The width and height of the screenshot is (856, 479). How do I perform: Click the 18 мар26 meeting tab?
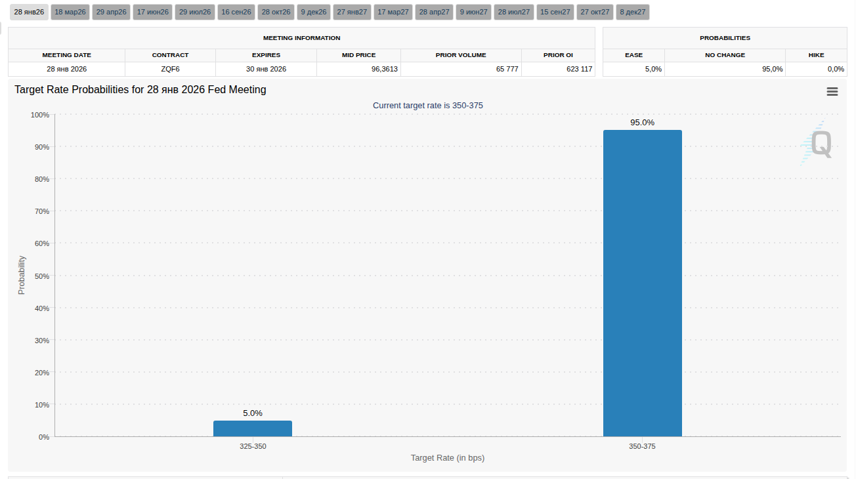click(70, 12)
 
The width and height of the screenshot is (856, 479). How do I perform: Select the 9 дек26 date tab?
click(314, 12)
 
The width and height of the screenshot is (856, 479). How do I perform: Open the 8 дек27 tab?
click(633, 12)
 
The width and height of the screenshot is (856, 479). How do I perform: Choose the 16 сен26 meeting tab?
click(236, 12)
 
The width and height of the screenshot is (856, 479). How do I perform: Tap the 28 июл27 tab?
click(514, 12)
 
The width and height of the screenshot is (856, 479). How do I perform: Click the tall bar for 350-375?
click(642, 283)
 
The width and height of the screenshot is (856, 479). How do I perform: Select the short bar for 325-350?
click(253, 428)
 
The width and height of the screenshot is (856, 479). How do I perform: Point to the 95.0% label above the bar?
click(642, 123)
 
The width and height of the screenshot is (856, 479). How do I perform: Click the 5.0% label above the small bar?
click(253, 413)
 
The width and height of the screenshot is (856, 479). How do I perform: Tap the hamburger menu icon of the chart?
click(832, 92)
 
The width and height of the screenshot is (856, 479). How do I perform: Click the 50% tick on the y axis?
click(41, 276)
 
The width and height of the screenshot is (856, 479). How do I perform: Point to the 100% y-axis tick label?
click(39, 115)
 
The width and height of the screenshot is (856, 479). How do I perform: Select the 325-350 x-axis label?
click(253, 446)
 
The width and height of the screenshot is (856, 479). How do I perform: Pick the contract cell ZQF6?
click(170, 69)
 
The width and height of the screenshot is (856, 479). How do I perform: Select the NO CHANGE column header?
click(725, 55)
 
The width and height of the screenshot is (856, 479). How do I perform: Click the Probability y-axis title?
click(22, 275)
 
